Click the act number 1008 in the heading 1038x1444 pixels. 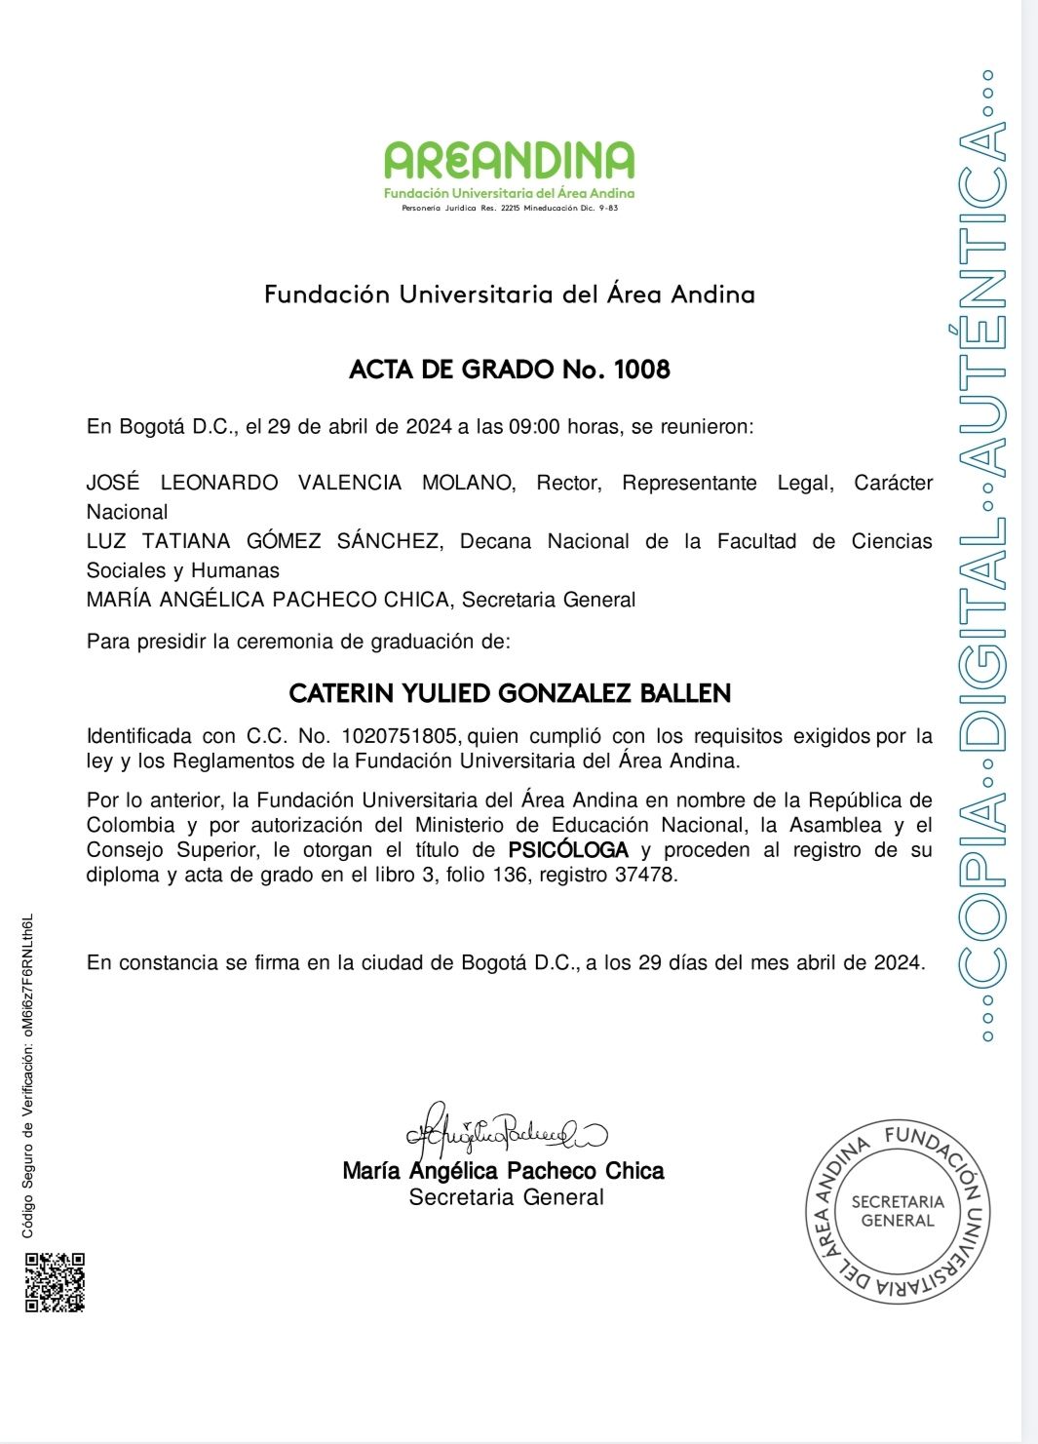coord(642,370)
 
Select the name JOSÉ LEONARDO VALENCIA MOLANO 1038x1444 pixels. coord(300,483)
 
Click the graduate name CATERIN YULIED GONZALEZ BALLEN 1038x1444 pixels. coord(510,694)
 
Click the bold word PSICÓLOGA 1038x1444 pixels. coord(568,850)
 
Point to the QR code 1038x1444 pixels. coord(55,1283)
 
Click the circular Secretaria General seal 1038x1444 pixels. coord(898,1211)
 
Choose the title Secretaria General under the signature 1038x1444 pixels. coord(507,1197)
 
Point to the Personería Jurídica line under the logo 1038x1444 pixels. coord(510,208)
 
